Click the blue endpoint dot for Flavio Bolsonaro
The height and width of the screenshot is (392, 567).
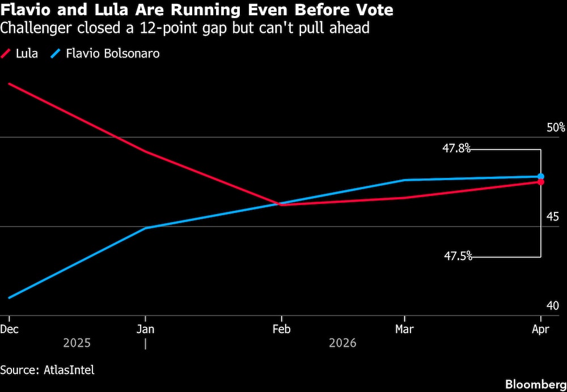click(541, 177)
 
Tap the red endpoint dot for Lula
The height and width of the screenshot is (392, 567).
click(541, 182)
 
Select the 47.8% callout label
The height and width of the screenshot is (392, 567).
click(456, 148)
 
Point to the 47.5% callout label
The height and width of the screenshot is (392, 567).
click(458, 256)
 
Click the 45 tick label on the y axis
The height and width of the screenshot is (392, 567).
click(552, 217)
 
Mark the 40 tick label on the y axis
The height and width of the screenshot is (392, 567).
click(552, 306)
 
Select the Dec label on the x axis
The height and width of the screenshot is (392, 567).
click(9, 329)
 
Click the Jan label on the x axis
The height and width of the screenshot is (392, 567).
click(146, 329)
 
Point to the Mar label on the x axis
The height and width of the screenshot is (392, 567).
click(404, 329)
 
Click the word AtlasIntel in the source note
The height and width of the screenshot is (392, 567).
click(69, 370)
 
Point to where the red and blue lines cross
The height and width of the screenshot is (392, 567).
click(279, 204)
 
